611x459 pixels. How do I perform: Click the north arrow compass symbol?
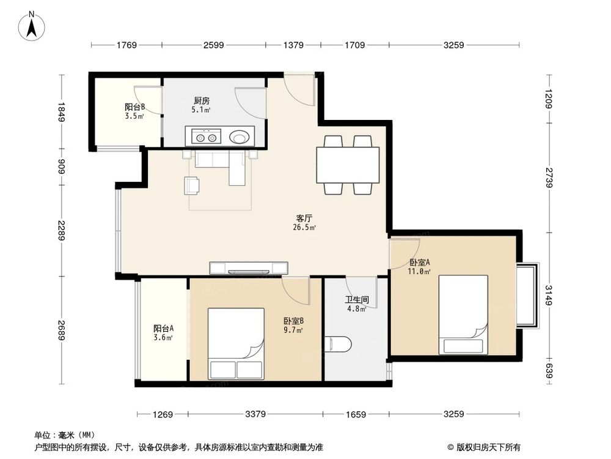click(32, 26)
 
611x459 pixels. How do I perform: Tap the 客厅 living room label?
click(304, 218)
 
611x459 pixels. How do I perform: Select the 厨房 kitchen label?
click(202, 101)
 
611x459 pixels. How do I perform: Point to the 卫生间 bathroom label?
click(357, 300)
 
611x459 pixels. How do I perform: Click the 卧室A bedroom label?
click(419, 263)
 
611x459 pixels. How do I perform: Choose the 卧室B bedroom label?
click(293, 321)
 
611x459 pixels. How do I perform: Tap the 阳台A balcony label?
click(163, 329)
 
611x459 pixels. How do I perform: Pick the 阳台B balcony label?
click(135, 106)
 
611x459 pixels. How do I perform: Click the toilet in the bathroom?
click(338, 344)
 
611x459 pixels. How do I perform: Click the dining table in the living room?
click(348, 165)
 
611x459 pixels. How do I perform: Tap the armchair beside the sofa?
click(192, 185)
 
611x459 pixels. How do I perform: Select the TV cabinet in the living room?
click(249, 268)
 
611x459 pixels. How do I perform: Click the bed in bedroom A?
click(463, 315)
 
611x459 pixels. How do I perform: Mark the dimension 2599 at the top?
click(213, 45)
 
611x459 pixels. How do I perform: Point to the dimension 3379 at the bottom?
click(255, 414)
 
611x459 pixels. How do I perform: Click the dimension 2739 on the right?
click(549, 177)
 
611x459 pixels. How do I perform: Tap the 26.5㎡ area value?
click(304, 228)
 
